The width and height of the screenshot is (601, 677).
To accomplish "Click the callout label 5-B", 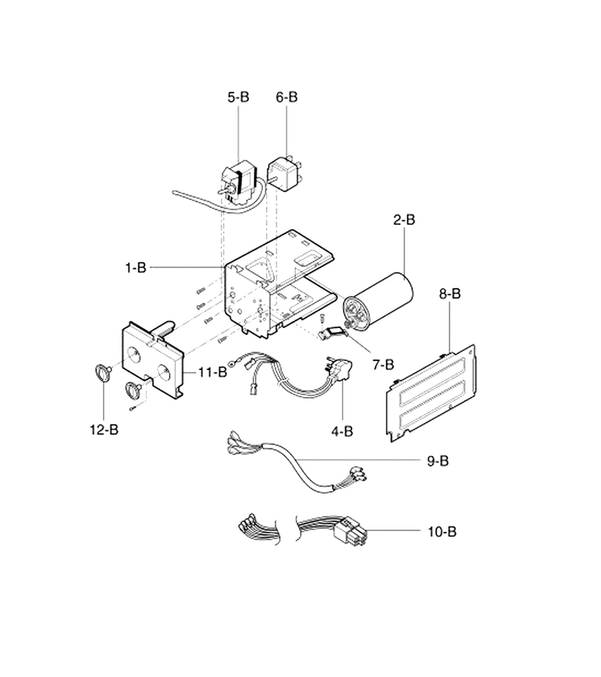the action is click(238, 97).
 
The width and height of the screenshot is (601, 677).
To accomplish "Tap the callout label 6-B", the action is click(287, 97).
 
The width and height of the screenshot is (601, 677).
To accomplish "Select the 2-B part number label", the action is click(404, 220).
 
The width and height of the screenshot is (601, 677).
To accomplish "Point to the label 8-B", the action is click(450, 294).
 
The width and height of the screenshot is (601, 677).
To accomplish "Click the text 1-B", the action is click(136, 268).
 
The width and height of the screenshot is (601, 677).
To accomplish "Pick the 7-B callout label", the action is click(383, 365).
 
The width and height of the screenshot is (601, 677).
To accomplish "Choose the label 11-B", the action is click(213, 372).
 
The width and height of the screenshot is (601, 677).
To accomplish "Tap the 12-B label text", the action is click(104, 430).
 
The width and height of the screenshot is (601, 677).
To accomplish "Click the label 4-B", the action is click(343, 431).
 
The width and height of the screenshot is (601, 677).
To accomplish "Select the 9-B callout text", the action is click(438, 461).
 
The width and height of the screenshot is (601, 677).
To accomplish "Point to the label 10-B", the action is click(442, 532).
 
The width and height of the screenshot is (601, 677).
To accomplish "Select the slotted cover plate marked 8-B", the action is click(431, 393).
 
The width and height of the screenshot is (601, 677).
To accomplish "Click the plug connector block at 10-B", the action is click(351, 532).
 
